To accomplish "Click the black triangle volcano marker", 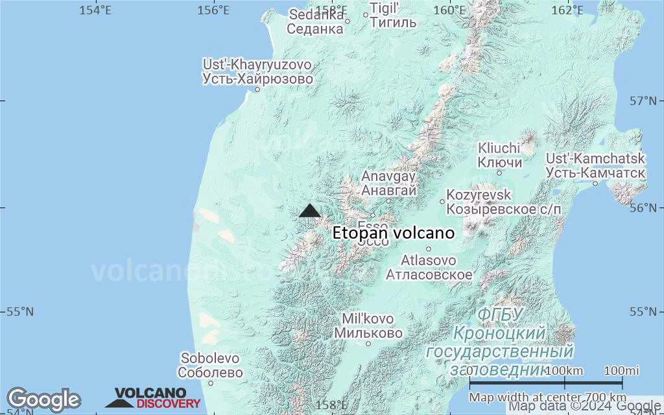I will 310,211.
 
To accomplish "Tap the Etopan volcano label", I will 394,233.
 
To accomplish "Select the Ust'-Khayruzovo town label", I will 257,72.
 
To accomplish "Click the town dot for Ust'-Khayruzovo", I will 257,89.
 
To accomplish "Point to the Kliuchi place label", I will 499,155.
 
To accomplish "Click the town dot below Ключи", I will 499,172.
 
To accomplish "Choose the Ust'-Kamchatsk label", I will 595,165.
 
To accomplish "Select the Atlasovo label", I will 429,267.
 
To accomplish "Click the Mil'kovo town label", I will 368,326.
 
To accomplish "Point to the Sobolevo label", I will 211,365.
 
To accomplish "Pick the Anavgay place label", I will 388,183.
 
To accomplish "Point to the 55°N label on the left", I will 20,312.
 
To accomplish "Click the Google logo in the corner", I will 43,399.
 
